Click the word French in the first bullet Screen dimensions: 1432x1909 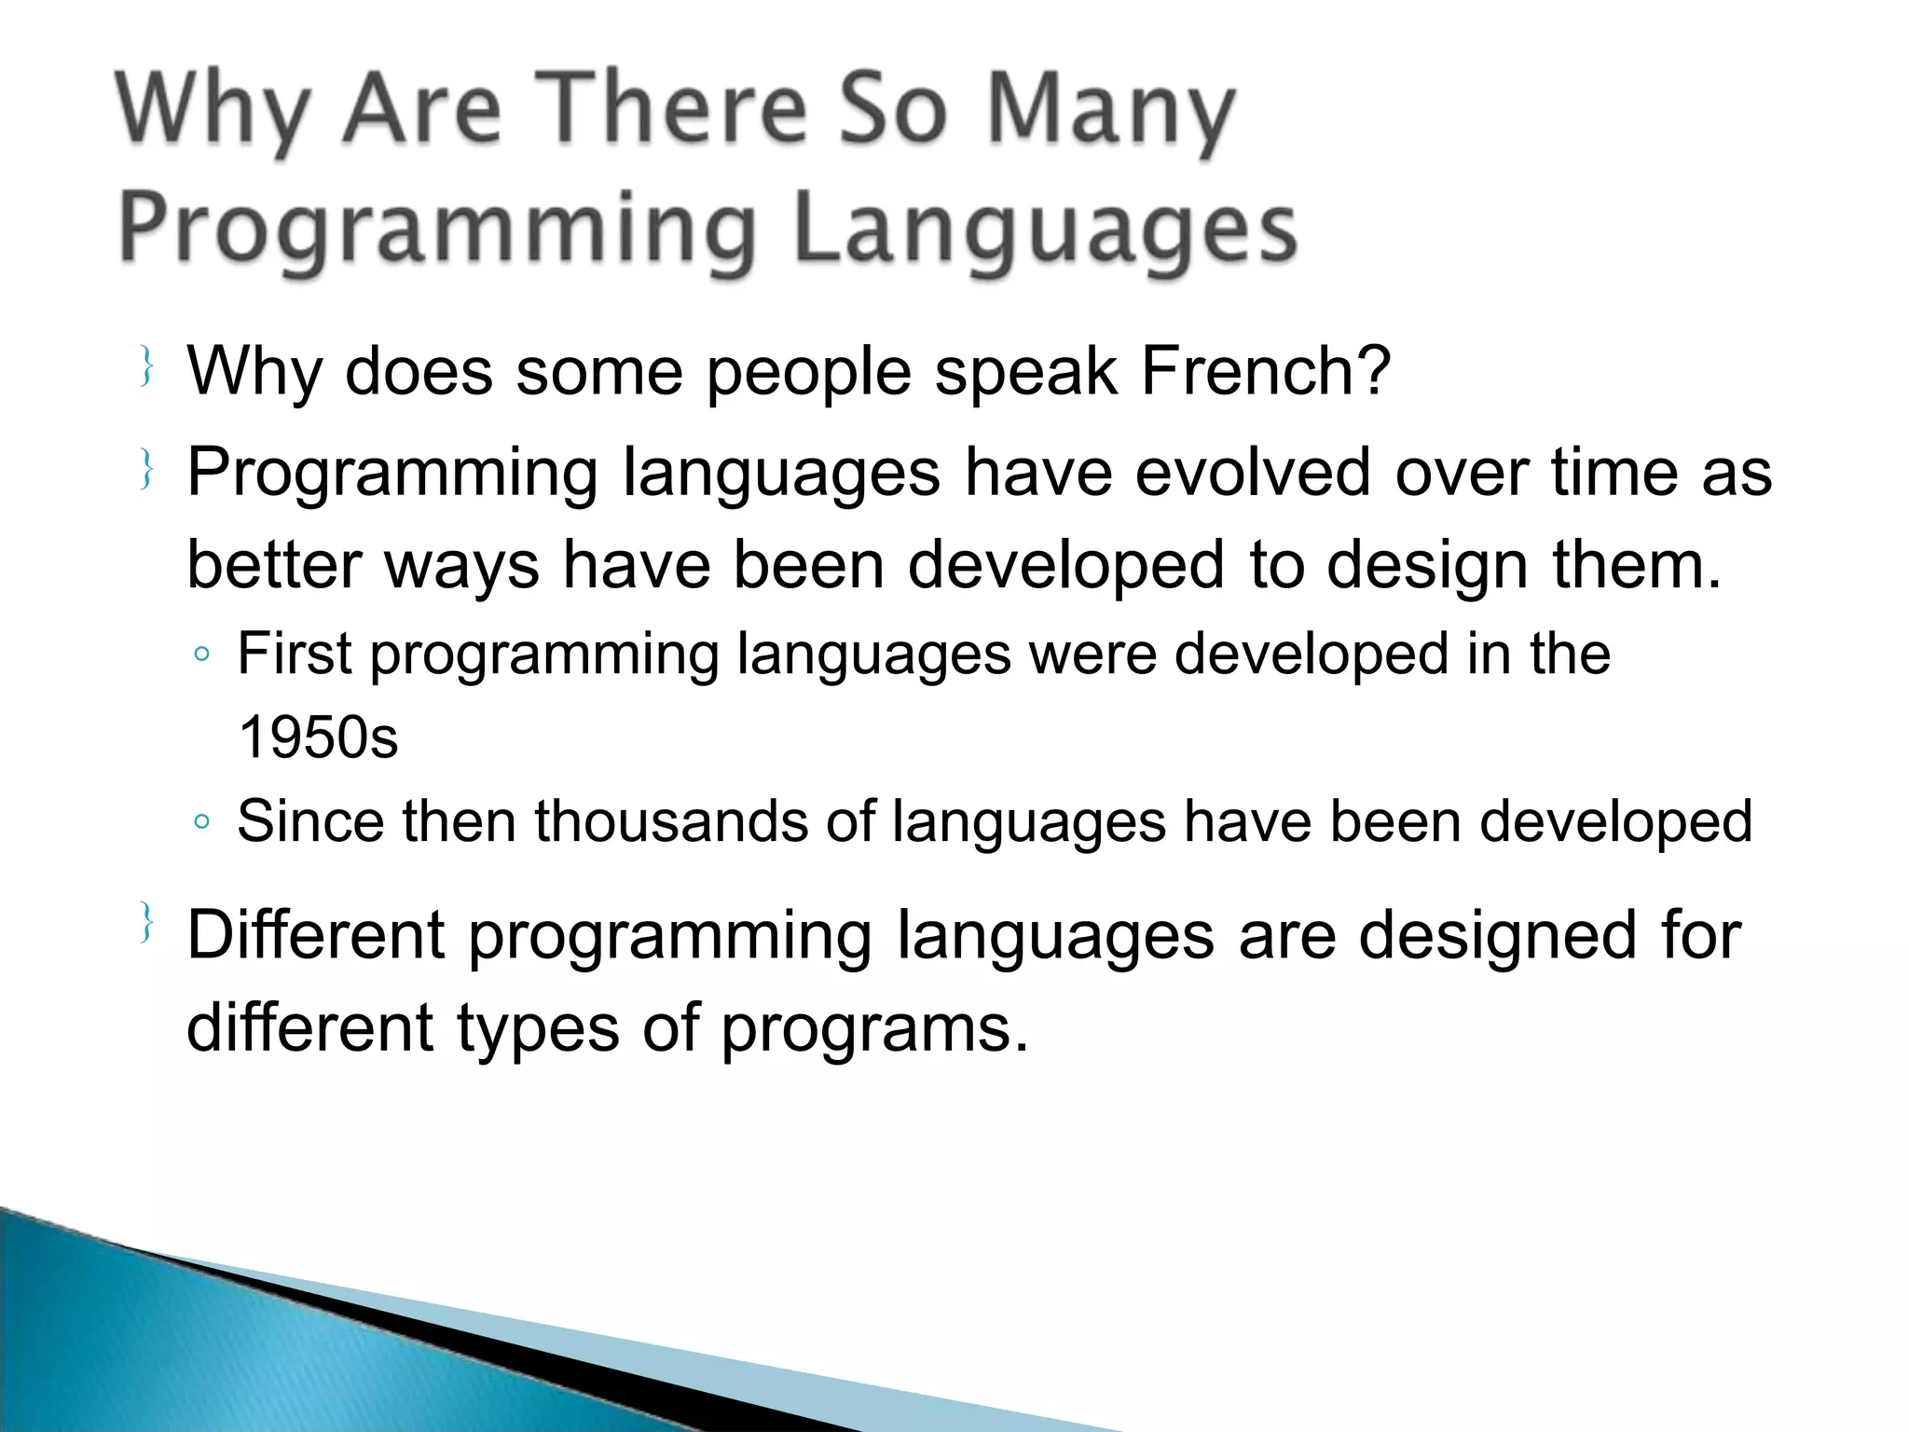(x=1265, y=371)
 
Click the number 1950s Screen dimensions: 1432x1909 (x=318, y=737)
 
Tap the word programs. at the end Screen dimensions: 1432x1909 (x=874, y=1028)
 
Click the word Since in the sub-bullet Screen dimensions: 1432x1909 (x=310, y=821)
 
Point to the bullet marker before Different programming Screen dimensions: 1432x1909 (x=145, y=922)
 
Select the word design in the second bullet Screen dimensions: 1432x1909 (x=1427, y=565)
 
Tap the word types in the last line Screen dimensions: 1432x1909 (x=538, y=1028)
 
